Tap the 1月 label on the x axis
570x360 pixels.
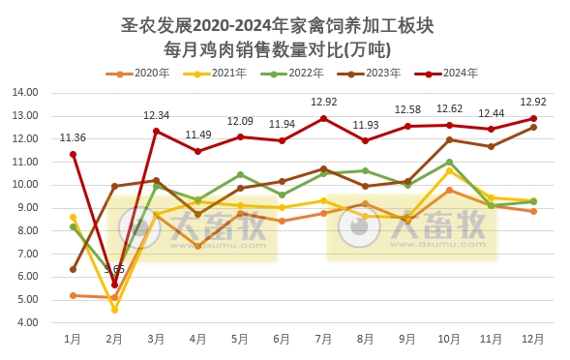[x=73, y=340]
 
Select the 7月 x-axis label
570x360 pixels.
[x=323, y=340]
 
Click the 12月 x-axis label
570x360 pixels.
[x=532, y=340]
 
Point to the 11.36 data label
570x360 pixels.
[x=73, y=137]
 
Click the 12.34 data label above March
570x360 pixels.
[x=157, y=115]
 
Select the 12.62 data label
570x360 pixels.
[x=449, y=108]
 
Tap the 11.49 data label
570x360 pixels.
[x=198, y=135]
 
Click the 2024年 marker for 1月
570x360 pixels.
[x=73, y=154]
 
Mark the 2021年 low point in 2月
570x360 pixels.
[x=114, y=310]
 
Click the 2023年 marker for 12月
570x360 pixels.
[x=532, y=127]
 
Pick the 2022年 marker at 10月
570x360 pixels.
[x=449, y=162]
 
